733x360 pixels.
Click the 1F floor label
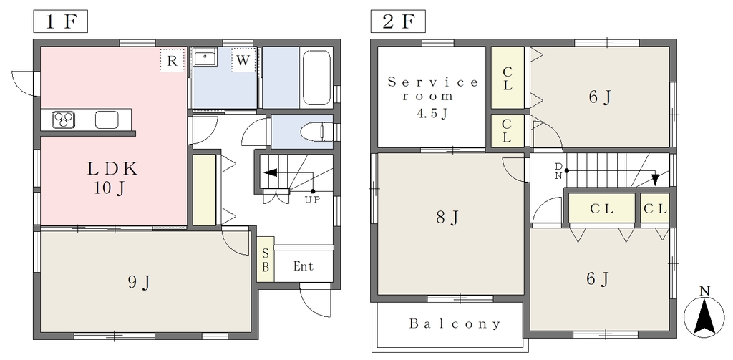[x=60, y=22]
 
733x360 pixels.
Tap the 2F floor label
[x=398, y=22]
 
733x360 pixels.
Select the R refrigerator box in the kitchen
[x=172, y=60]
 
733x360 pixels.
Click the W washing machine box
[x=243, y=60]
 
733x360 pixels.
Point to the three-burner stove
[x=63, y=120]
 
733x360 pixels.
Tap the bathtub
[x=317, y=77]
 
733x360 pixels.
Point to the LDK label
[x=112, y=169]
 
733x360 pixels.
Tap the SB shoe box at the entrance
[x=265, y=260]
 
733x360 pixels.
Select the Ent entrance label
[x=304, y=266]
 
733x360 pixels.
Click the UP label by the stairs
[x=312, y=200]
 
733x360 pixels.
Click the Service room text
[x=433, y=89]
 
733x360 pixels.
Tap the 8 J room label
[x=447, y=218]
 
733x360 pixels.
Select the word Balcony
[x=455, y=323]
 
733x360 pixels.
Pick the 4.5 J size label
[x=432, y=114]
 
